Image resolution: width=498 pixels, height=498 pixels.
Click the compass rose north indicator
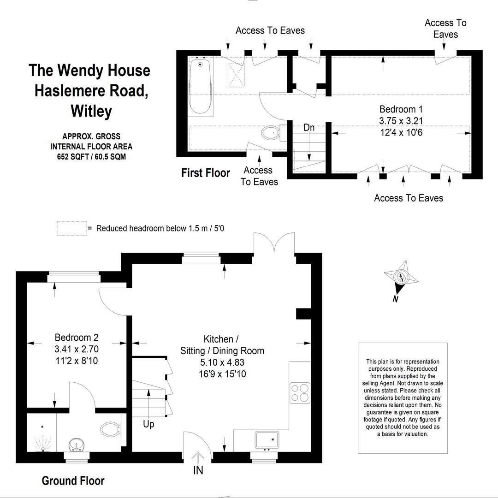tap(402, 278)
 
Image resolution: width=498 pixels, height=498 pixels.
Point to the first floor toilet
tap(270, 133)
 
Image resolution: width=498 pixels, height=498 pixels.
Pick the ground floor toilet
tap(110, 430)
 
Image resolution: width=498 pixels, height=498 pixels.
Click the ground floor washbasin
tap(76, 445)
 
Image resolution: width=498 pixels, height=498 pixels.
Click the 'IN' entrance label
tap(198, 471)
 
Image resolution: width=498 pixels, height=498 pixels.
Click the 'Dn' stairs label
tap(309, 128)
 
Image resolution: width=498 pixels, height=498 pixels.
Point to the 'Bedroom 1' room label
tap(401, 109)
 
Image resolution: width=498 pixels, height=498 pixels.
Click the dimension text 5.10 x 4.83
tap(222, 362)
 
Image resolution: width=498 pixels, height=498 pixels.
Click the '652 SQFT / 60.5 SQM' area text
tap(91, 157)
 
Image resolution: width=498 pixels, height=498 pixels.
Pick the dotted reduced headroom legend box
tap(71, 228)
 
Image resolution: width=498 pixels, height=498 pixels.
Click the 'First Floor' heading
tap(206, 173)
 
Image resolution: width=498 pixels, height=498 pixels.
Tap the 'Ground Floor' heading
tap(73, 480)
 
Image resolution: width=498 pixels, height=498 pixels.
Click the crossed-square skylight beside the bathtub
tap(237, 74)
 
